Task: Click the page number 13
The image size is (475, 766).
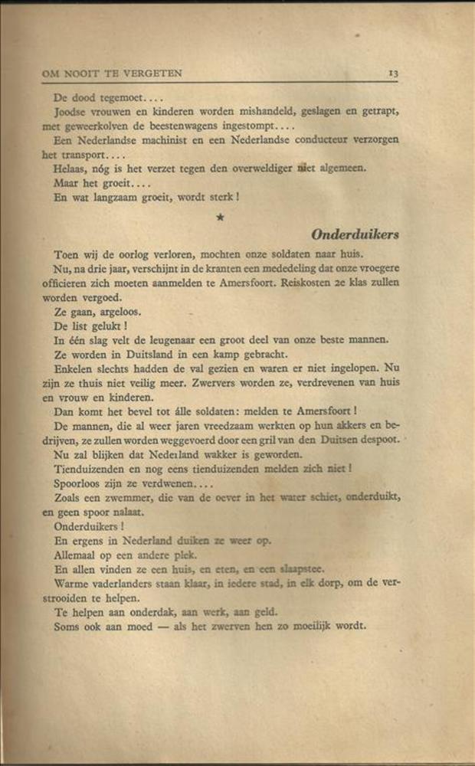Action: (392, 74)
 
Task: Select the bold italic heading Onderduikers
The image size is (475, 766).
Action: (355, 234)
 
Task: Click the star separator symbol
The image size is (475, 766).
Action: (221, 218)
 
